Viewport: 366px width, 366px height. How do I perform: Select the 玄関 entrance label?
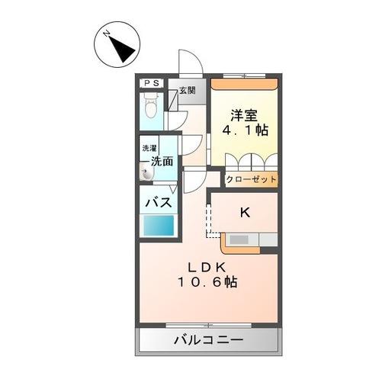(187, 90)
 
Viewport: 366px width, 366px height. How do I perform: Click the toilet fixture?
(152, 106)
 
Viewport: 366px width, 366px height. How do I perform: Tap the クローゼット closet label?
(250, 180)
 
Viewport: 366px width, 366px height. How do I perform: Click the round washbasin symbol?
(146, 175)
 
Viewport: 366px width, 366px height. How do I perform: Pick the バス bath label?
(158, 204)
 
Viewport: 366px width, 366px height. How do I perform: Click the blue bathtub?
(158, 226)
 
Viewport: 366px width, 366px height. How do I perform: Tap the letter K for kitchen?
(245, 213)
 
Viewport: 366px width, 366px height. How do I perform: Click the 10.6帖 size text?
(206, 282)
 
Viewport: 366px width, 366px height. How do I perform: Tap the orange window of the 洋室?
(245, 77)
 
